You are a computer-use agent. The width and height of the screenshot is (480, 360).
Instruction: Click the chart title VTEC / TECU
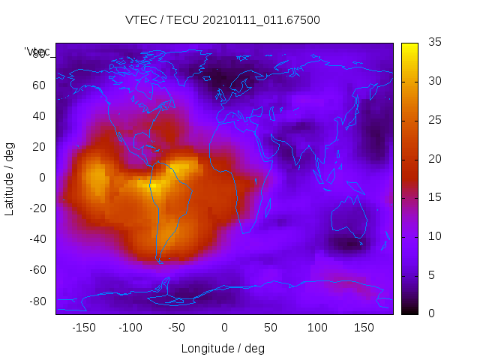[223, 20]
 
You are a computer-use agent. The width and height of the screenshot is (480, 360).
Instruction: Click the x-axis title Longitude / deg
[223, 348]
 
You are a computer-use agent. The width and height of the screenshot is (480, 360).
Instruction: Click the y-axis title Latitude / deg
[10, 178]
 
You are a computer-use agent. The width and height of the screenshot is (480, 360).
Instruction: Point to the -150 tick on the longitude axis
[84, 327]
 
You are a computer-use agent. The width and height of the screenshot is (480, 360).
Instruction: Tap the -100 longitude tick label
[130, 327]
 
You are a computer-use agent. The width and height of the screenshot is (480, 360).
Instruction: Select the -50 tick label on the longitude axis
[177, 327]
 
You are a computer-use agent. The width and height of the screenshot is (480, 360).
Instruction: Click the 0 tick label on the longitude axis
[224, 327]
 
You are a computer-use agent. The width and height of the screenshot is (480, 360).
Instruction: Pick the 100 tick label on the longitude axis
[317, 327]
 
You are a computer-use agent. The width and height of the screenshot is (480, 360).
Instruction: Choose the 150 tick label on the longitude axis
[364, 327]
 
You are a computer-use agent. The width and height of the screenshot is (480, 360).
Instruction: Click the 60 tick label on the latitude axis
[39, 85]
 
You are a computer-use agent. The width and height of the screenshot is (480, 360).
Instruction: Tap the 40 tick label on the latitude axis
[39, 115]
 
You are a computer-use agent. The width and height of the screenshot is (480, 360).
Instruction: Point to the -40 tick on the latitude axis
[36, 239]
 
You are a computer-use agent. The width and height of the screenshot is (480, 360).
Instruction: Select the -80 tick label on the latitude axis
[36, 301]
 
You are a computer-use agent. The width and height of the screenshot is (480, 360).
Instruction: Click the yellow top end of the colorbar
[409, 46]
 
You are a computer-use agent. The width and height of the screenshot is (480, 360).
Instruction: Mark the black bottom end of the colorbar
[409, 310]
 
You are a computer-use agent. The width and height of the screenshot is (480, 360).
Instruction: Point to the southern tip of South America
[160, 260]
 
